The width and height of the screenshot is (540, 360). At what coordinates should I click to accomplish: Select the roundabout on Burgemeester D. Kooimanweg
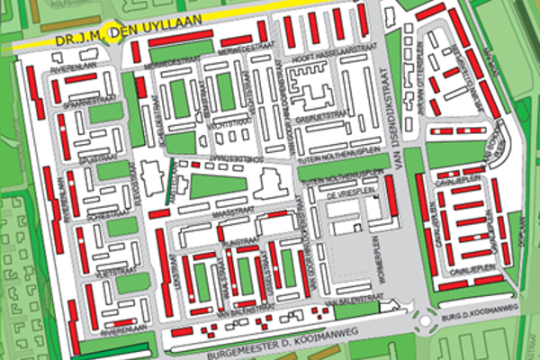(425, 319)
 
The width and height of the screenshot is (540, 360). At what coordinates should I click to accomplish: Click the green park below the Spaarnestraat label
(105, 112)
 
